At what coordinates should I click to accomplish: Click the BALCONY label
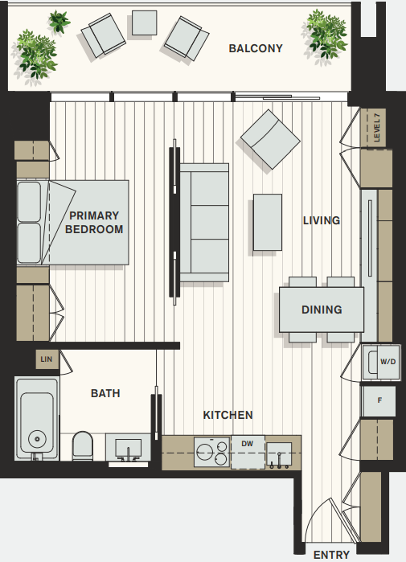pyautogui.click(x=256, y=48)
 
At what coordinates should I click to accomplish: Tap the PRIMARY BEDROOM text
pyautogui.click(x=94, y=222)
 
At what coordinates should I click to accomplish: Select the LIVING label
pyautogui.click(x=322, y=220)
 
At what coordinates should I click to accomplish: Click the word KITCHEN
pyautogui.click(x=228, y=415)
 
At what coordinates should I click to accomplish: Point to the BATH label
pyautogui.click(x=105, y=393)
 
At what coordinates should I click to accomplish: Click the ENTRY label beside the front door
pyautogui.click(x=331, y=555)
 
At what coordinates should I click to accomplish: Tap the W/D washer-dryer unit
pyautogui.click(x=380, y=362)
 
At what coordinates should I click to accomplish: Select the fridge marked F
pyautogui.click(x=379, y=400)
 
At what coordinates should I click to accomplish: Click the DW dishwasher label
pyautogui.click(x=248, y=444)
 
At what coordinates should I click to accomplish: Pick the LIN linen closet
pyautogui.click(x=47, y=359)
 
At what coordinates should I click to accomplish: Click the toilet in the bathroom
pyautogui.click(x=83, y=446)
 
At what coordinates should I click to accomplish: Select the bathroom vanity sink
pyautogui.click(x=128, y=448)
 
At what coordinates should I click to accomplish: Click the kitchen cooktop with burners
pyautogui.click(x=211, y=452)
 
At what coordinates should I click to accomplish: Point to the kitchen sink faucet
pyautogui.click(x=280, y=461)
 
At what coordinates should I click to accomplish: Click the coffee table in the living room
pyautogui.click(x=268, y=222)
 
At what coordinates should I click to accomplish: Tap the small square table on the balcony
pyautogui.click(x=144, y=23)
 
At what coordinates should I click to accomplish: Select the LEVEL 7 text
pyautogui.click(x=376, y=128)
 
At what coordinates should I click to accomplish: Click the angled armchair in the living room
pyautogui.click(x=270, y=139)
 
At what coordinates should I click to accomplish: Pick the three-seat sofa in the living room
pyautogui.click(x=204, y=223)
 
